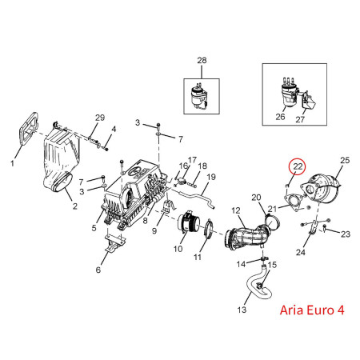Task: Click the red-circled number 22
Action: click(298, 166)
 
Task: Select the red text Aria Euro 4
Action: click(312, 310)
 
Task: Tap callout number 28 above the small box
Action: click(202, 60)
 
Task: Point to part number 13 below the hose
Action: click(242, 310)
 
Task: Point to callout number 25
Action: click(345, 160)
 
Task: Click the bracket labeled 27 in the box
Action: click(309, 102)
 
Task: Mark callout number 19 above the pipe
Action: click(211, 177)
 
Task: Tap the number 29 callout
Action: click(100, 118)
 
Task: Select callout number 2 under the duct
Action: click(75, 206)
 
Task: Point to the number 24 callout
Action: click(301, 252)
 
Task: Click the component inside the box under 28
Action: click(199, 96)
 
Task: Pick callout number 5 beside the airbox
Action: click(94, 228)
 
